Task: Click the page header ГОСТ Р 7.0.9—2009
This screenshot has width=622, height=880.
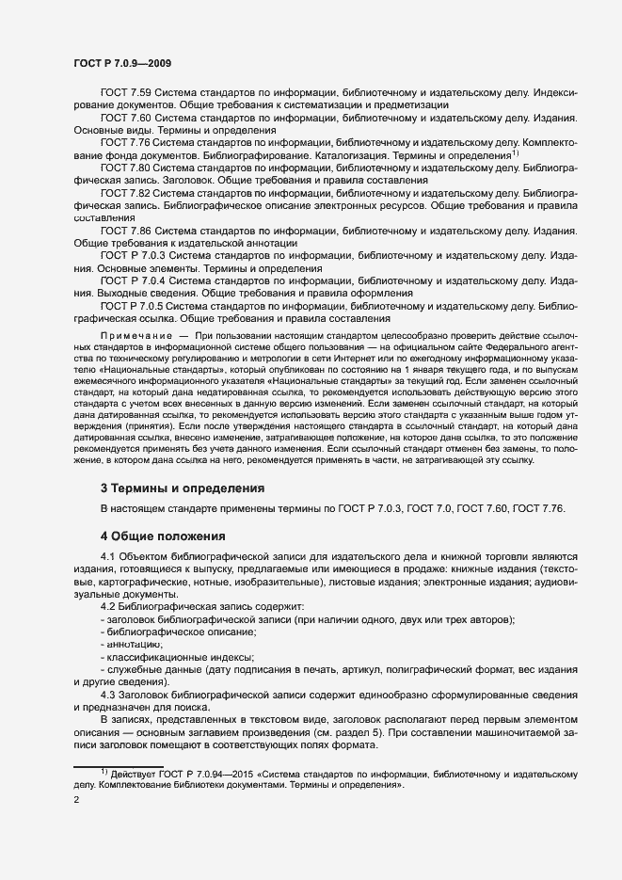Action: (x=121, y=63)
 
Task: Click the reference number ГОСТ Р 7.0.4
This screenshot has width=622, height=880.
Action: (x=133, y=280)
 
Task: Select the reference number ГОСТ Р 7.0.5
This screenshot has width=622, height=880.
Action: (x=133, y=306)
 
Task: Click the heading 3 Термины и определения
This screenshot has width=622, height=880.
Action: (x=182, y=488)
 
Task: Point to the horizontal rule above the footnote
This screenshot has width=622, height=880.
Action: (x=119, y=765)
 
